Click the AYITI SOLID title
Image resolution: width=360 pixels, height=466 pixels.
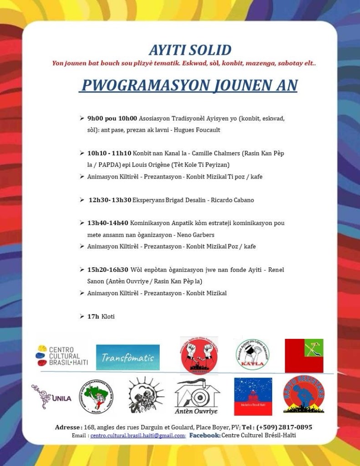pos(190,50)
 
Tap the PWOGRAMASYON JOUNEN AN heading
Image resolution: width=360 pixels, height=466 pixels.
pos(188,85)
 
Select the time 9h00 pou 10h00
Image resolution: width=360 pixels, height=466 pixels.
pos(112,118)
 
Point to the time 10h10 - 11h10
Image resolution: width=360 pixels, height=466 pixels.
pos(109,153)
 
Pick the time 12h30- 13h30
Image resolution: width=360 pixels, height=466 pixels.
pos(110,200)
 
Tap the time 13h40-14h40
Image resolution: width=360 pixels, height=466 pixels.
pos(108,223)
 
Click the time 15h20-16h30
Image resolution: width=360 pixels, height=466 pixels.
pos(108,270)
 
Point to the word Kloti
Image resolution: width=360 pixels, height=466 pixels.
pos(108,316)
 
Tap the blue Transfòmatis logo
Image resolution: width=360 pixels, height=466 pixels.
pos(127,357)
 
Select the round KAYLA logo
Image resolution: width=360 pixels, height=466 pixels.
pos(252,354)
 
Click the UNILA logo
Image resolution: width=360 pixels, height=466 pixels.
pos(51,397)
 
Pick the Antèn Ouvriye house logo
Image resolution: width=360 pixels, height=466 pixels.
pos(197,397)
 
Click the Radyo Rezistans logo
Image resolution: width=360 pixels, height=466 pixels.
pos(304,394)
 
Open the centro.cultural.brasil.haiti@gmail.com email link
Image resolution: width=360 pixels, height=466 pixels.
pos(137,435)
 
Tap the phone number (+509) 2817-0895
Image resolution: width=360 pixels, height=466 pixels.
pos(284,427)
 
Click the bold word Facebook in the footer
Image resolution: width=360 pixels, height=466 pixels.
pos(205,435)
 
